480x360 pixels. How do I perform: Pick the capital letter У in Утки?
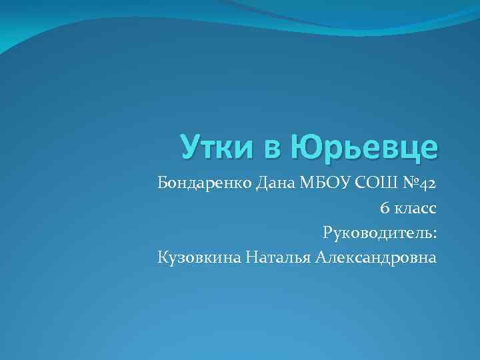[189, 147]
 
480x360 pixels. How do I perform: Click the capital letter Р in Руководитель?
[327, 233]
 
